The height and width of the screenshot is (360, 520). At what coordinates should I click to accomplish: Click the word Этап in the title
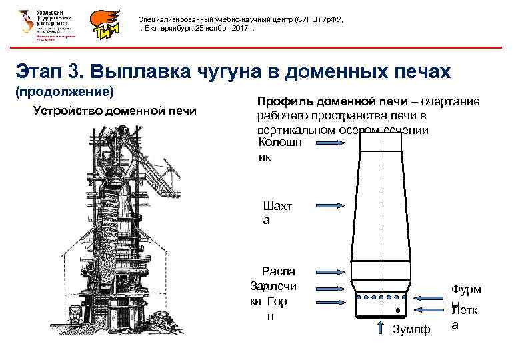39,71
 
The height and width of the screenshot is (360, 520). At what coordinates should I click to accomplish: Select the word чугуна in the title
229,71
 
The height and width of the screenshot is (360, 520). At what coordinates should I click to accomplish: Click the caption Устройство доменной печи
115,111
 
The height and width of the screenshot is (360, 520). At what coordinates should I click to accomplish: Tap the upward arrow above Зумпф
381,325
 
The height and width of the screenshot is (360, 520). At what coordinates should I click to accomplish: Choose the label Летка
465,317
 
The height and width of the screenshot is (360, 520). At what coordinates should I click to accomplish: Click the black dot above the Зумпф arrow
397,311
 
